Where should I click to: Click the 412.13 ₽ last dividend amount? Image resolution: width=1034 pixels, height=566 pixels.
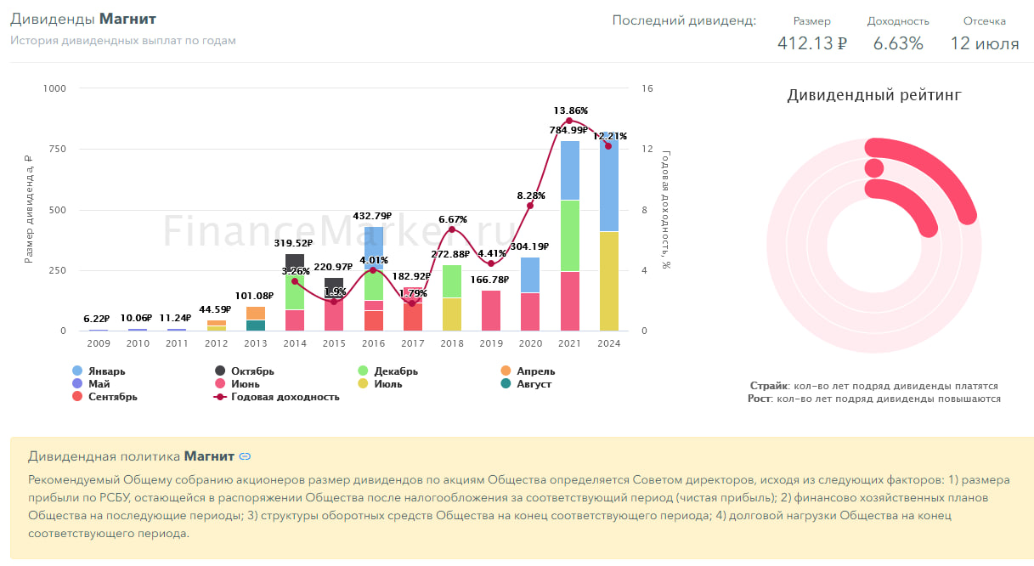[811, 43]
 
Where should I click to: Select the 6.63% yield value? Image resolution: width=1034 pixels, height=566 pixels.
[898, 43]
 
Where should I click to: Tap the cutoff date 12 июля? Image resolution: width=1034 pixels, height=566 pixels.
[984, 43]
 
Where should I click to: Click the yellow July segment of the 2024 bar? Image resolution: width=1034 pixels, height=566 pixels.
[608, 281]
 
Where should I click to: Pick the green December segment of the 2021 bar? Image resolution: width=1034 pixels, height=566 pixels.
[569, 235]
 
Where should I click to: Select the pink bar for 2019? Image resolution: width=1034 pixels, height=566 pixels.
[491, 310]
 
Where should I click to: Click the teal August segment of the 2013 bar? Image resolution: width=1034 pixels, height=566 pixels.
[256, 325]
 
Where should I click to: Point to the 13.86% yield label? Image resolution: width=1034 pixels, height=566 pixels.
[570, 110]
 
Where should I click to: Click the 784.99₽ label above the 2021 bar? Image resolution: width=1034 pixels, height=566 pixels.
[568, 130]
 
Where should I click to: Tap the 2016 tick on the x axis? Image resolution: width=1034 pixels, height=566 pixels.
[373, 343]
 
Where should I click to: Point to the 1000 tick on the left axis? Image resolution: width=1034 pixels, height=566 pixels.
[55, 88]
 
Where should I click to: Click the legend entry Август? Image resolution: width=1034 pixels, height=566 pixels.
[527, 384]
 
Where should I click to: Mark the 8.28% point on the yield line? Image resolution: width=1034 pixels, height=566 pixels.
[530, 206]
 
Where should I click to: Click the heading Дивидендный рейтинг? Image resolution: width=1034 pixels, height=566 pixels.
[874, 95]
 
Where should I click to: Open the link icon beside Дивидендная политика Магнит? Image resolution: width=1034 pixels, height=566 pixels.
[246, 457]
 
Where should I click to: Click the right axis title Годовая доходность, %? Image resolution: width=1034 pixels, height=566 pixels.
[666, 209]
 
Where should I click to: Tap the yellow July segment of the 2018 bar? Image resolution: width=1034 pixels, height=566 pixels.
[452, 314]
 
